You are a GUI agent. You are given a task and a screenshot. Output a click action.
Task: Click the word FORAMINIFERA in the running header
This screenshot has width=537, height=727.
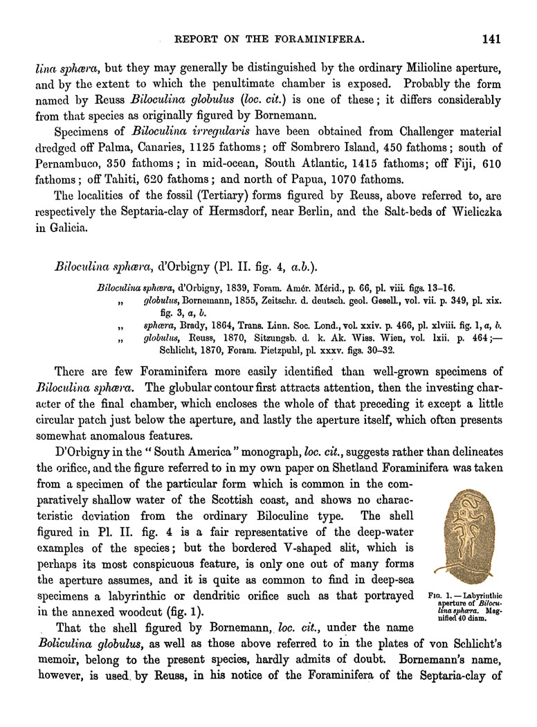(317, 40)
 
